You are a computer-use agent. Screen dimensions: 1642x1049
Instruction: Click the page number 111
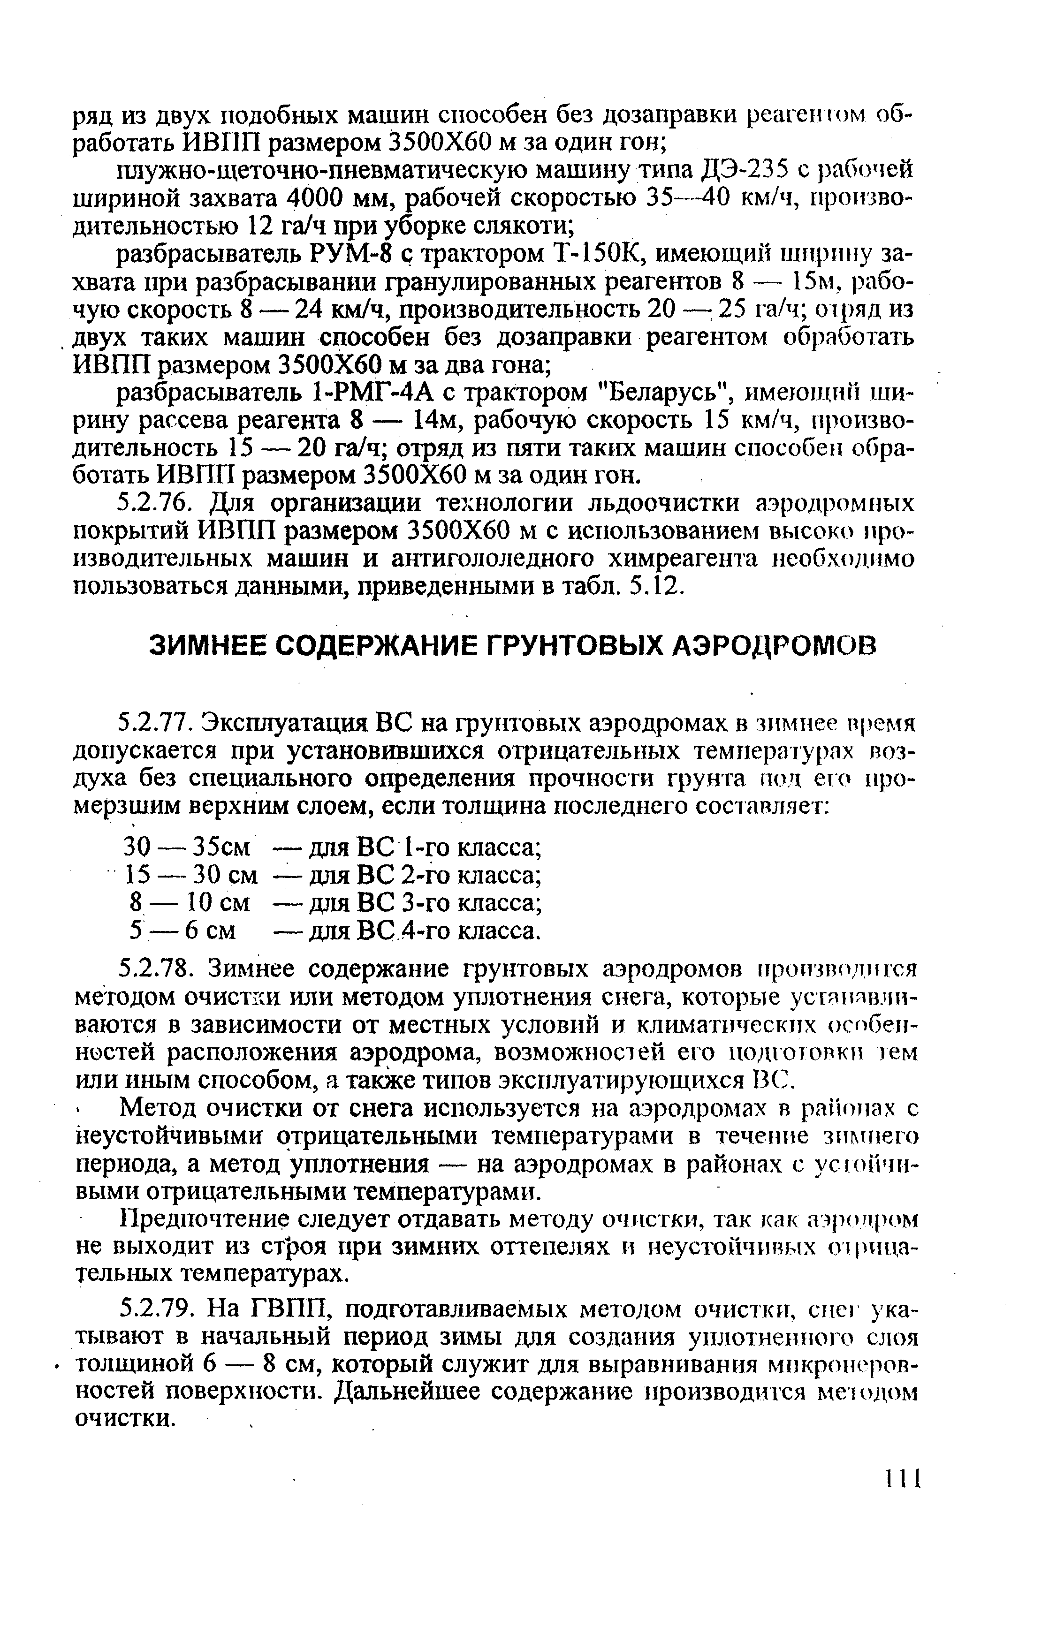(902, 1480)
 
